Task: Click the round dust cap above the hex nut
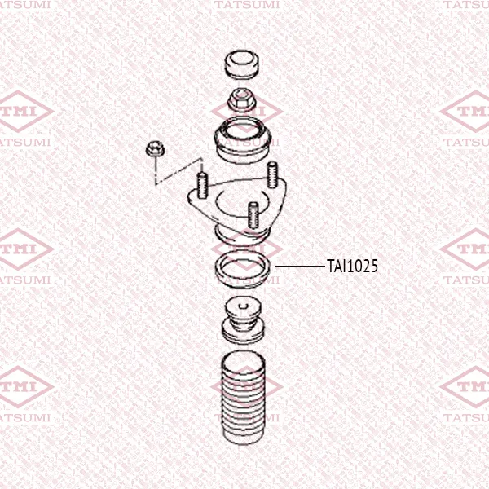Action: (x=242, y=64)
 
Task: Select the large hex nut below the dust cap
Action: (x=242, y=100)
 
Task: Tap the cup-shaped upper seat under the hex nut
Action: (x=243, y=140)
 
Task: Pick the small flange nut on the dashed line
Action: (x=155, y=149)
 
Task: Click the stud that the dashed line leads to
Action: (x=202, y=186)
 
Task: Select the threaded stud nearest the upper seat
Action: (x=272, y=174)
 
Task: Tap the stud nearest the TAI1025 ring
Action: (x=253, y=215)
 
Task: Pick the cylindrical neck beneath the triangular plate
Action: (x=242, y=236)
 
